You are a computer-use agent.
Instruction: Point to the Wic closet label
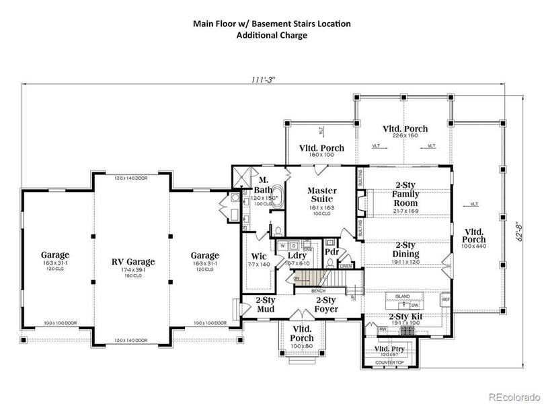[x=258, y=256]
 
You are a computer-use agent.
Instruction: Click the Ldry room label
[x=296, y=256]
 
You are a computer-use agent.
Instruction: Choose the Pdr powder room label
[x=331, y=252]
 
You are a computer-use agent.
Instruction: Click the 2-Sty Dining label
[x=405, y=250]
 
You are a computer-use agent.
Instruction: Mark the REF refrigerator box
[x=445, y=299]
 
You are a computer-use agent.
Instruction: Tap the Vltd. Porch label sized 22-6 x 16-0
[x=405, y=129]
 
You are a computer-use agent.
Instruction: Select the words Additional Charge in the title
[x=272, y=36]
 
